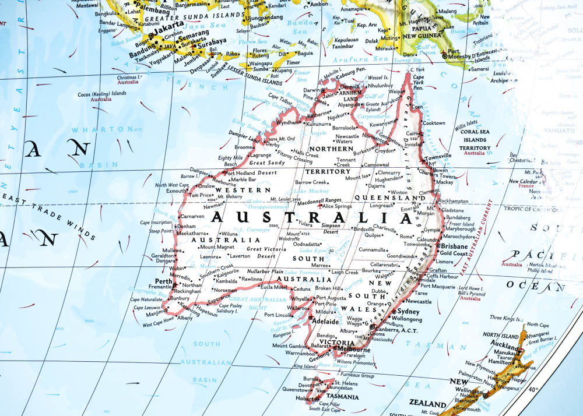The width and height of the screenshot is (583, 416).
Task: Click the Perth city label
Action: pyautogui.click(x=163, y=281)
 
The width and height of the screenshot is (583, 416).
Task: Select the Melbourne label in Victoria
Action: pyautogui.click(x=353, y=350)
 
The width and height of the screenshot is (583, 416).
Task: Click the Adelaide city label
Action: pyautogui.click(x=325, y=321)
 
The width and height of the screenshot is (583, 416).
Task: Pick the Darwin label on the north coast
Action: pyautogui.click(x=312, y=90)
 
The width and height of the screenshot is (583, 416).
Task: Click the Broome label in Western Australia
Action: pyautogui.click(x=244, y=147)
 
